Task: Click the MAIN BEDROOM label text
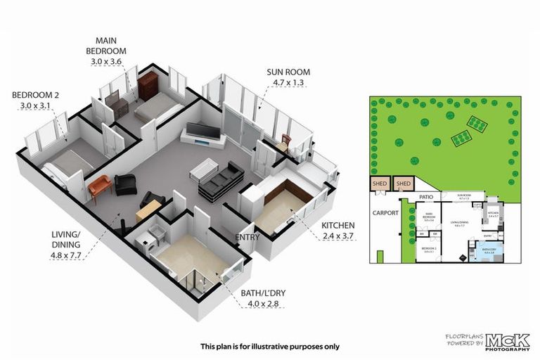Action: point(106,46)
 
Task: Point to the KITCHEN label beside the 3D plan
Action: point(337,225)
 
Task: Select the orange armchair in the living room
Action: point(100,186)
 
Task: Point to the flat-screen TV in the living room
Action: point(202,132)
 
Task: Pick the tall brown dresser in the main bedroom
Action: point(148,87)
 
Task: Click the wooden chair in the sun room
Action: point(285,142)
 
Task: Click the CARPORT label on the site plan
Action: point(386,212)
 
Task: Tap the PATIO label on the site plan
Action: point(423,198)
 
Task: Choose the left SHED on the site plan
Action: point(380,184)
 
